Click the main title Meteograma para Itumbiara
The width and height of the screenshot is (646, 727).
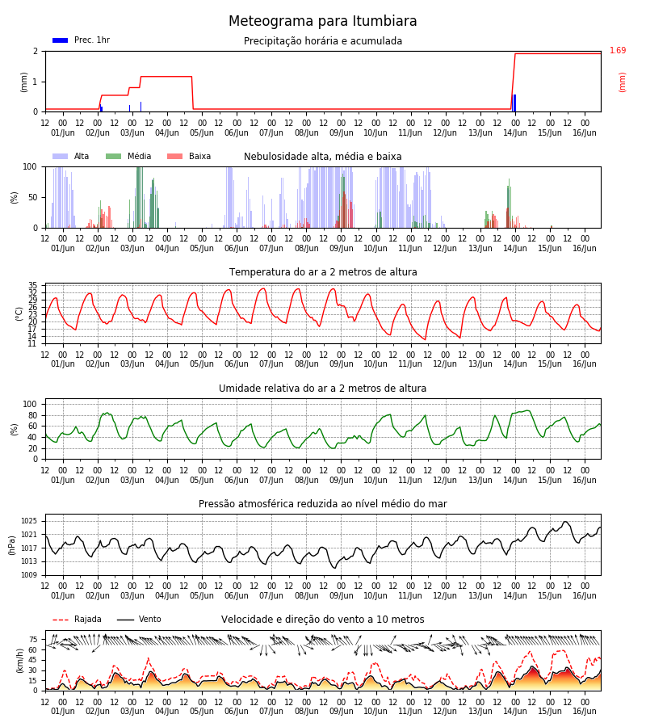coord(322,21)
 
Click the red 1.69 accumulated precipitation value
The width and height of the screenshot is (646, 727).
coord(617,50)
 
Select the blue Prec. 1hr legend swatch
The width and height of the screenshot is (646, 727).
coord(61,40)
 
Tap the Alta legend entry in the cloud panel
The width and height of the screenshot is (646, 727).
coord(70,156)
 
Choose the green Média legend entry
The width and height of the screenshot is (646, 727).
coord(128,156)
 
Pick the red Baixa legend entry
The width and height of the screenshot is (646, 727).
coord(189,156)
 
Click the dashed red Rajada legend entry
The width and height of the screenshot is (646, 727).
coord(77,619)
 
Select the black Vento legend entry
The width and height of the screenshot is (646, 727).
coord(139,619)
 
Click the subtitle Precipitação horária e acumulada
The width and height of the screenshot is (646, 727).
coord(323,41)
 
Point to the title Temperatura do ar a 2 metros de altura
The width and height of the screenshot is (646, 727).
coord(323,272)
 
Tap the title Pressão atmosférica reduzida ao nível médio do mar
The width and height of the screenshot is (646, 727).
coord(323,503)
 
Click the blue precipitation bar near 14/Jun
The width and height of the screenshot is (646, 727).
coord(514,103)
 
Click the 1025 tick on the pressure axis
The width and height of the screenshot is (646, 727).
coord(29,521)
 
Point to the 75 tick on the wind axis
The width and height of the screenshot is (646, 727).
coord(33,640)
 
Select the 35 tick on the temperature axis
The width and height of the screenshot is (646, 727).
coord(33,285)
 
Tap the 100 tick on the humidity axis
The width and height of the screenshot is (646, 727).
coord(30,405)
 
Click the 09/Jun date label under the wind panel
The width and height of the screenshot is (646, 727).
coord(341,711)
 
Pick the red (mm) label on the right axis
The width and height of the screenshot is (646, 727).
coord(622,82)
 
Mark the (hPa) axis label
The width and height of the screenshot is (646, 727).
coord(11,545)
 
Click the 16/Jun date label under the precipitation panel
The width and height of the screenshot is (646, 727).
coord(585,132)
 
